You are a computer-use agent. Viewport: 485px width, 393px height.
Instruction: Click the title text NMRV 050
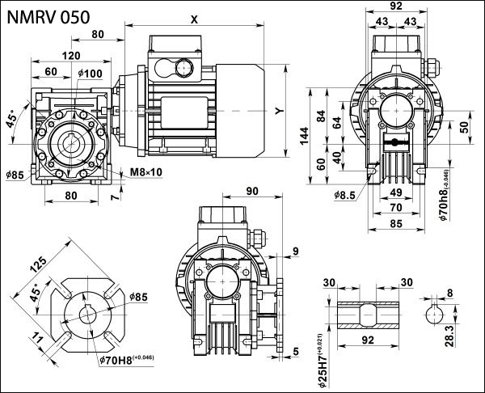54,15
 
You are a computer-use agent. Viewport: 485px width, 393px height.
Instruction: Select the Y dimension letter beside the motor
277,110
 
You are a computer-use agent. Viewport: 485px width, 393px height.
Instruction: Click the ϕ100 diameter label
91,74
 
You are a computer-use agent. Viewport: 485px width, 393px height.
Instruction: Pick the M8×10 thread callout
146,171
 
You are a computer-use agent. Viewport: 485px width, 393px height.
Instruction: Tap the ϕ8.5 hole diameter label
344,194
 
